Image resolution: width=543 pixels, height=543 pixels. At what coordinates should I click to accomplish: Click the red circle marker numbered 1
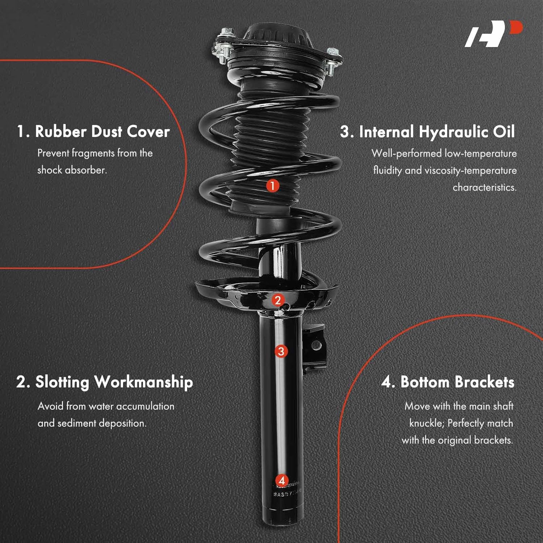273,186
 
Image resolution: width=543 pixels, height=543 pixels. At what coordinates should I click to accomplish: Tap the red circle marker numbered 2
278,300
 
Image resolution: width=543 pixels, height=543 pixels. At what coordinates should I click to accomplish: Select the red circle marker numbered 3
281,351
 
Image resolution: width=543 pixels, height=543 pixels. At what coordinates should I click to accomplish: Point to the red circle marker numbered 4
282,481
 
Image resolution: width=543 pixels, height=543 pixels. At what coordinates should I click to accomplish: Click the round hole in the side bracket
316,346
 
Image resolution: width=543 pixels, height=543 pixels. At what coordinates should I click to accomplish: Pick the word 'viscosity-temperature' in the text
471,170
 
